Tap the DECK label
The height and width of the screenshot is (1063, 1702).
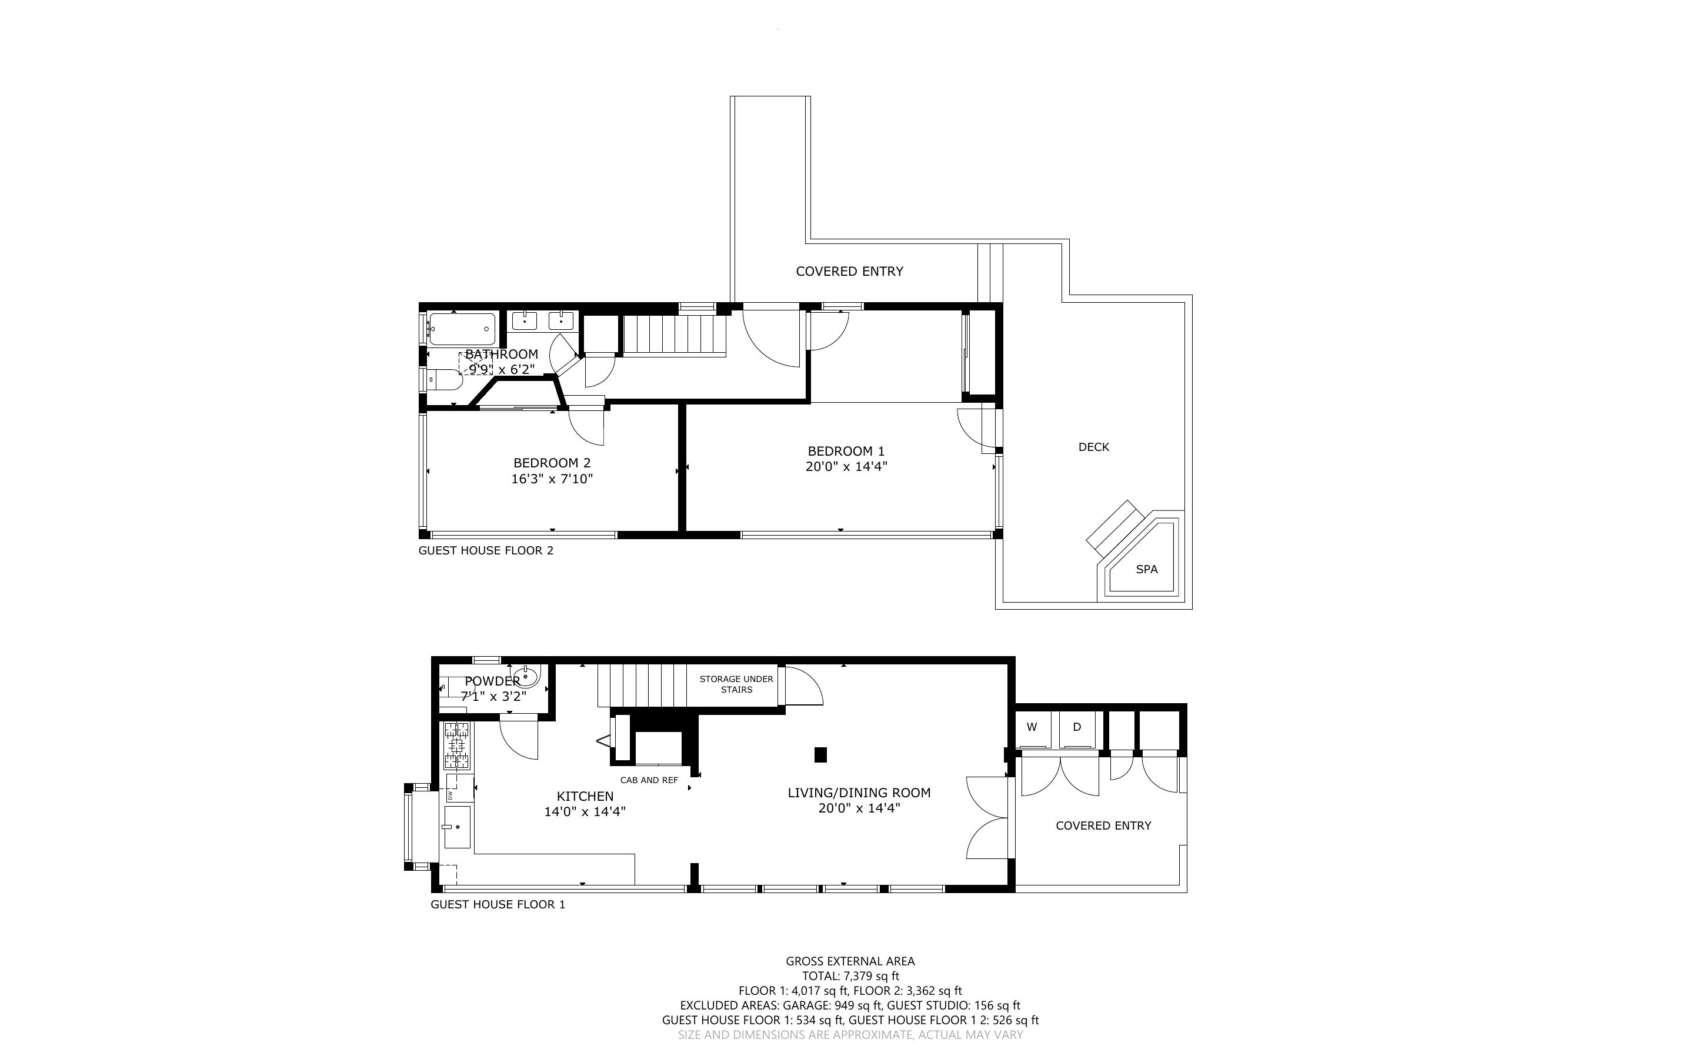tap(1093, 447)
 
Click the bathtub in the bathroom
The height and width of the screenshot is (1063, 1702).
tap(462, 329)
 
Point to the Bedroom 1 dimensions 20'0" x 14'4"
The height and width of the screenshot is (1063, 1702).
tap(846, 466)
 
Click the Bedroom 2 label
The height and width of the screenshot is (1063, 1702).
tap(552, 463)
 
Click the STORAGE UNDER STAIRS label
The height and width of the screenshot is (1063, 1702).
tap(736, 684)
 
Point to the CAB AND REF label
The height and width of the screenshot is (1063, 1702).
tap(649, 780)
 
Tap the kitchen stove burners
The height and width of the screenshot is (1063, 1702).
tap(458, 746)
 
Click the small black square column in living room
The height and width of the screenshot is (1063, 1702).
tap(820, 755)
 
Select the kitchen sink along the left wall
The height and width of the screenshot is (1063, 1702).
tap(457, 827)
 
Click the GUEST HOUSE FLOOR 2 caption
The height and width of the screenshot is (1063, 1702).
tap(486, 550)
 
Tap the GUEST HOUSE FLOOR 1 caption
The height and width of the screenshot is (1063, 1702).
tap(498, 904)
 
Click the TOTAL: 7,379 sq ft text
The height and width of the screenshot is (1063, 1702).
tap(850, 976)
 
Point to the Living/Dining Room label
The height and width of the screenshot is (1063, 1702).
tap(859, 793)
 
